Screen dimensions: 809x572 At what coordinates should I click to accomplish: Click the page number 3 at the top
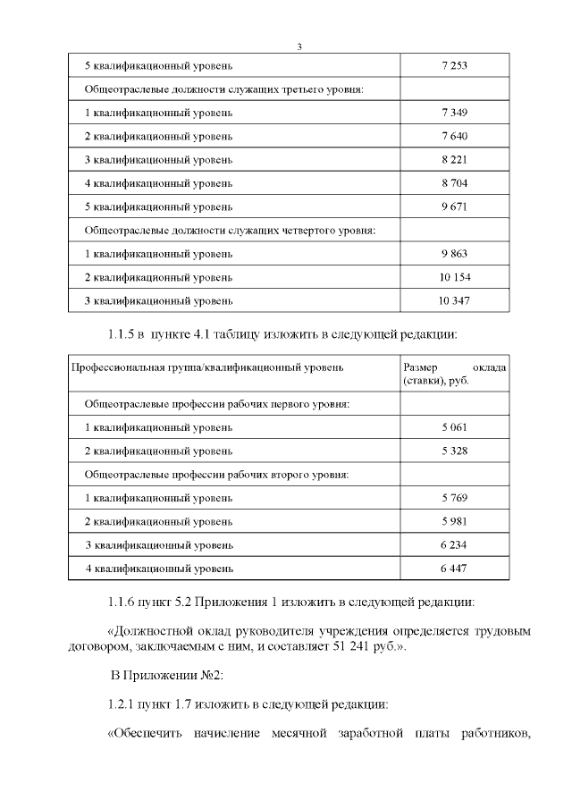coord(300,46)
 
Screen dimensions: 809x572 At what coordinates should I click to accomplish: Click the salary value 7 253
coord(455,66)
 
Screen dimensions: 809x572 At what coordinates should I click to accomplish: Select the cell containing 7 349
coord(455,113)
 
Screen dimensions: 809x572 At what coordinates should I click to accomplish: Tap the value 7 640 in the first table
coord(455,136)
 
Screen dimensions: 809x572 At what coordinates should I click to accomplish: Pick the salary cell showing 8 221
coord(455,159)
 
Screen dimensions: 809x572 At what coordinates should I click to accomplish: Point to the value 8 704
coord(455,182)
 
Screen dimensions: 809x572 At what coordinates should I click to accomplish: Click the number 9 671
coord(455,206)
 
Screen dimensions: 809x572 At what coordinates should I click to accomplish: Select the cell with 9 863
coord(455,253)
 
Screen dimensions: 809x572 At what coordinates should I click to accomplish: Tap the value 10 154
coord(455,276)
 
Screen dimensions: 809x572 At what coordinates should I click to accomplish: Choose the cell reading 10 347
coord(455,299)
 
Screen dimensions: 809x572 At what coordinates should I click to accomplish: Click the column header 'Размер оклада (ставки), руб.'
coord(455,375)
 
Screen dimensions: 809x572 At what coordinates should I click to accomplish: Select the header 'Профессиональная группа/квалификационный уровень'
coord(207,367)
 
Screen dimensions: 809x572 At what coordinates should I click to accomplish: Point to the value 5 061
coord(455,427)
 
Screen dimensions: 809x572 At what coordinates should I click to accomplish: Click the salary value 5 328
coord(455,451)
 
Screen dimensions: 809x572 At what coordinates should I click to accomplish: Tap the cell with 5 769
coord(455,497)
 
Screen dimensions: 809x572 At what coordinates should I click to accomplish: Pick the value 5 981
coord(455,520)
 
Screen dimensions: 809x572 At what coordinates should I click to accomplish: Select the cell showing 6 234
coord(455,544)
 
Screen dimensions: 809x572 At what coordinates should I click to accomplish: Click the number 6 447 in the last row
coord(455,567)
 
